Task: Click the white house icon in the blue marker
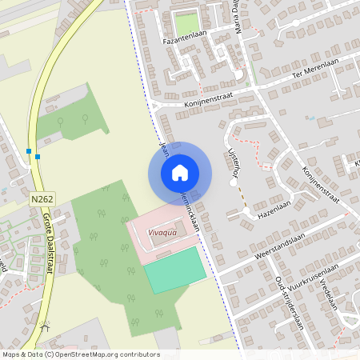click(180, 172)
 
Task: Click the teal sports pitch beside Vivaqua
click(175, 270)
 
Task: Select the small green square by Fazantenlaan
click(186, 24)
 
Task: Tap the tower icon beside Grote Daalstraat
click(46, 326)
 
